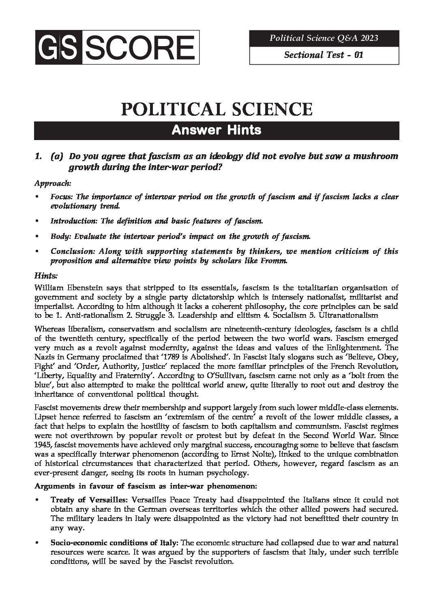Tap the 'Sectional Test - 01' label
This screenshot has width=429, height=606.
pyautogui.click(x=324, y=55)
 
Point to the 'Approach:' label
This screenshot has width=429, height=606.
pyautogui.click(x=53, y=183)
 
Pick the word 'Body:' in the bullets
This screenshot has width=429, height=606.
pyautogui.click(x=58, y=236)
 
